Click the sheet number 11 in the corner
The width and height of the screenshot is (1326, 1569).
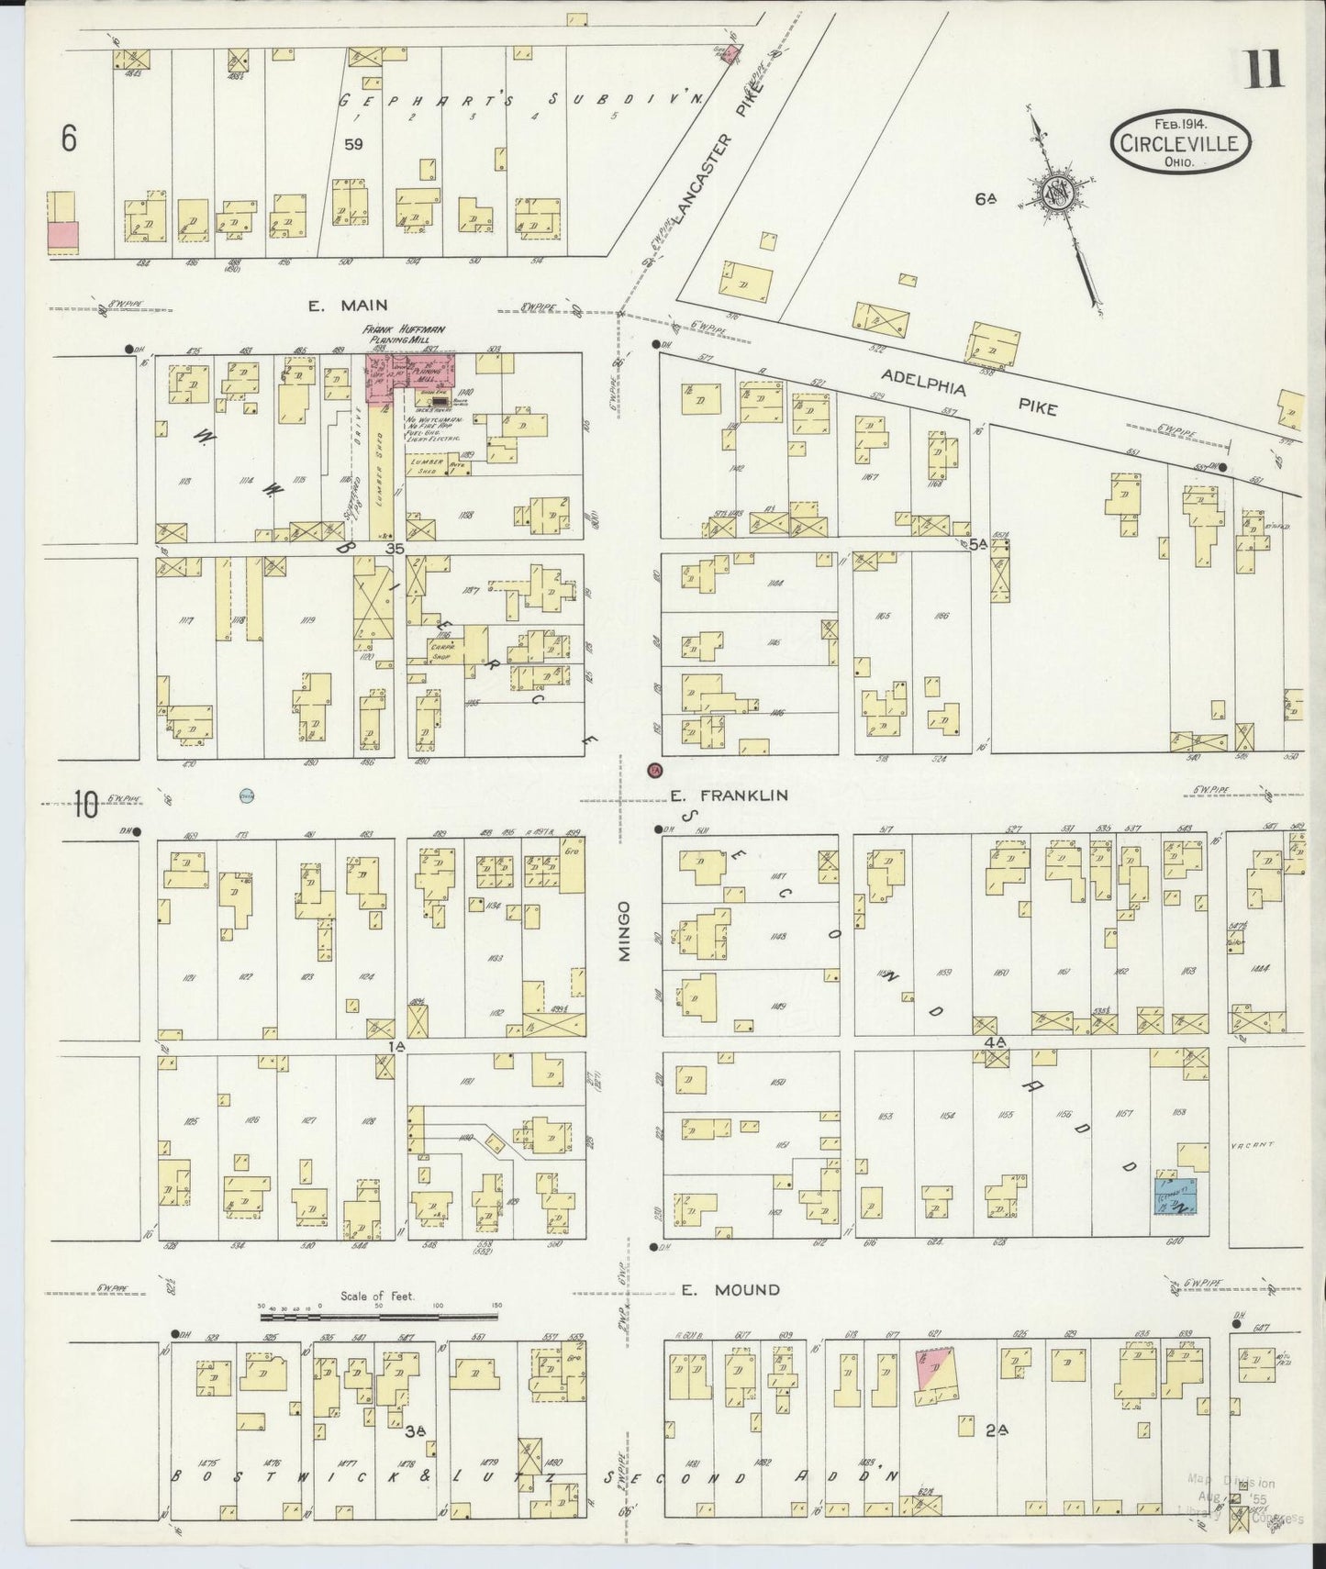point(1264,71)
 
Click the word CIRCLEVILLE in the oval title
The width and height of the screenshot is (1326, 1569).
point(1181,143)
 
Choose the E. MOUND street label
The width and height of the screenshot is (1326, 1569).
point(730,1289)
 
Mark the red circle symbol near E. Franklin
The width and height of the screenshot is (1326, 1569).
point(654,770)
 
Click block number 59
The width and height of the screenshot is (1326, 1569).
point(353,144)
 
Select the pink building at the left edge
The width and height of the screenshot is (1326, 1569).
point(62,236)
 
